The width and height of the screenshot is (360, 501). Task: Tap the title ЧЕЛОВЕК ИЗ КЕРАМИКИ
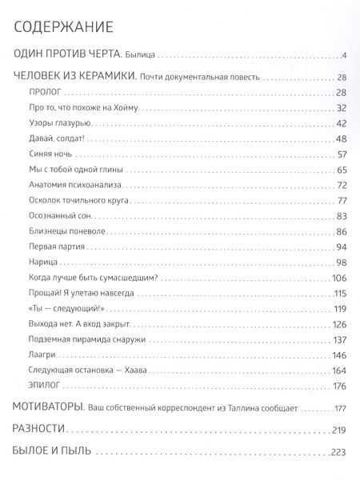74,78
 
